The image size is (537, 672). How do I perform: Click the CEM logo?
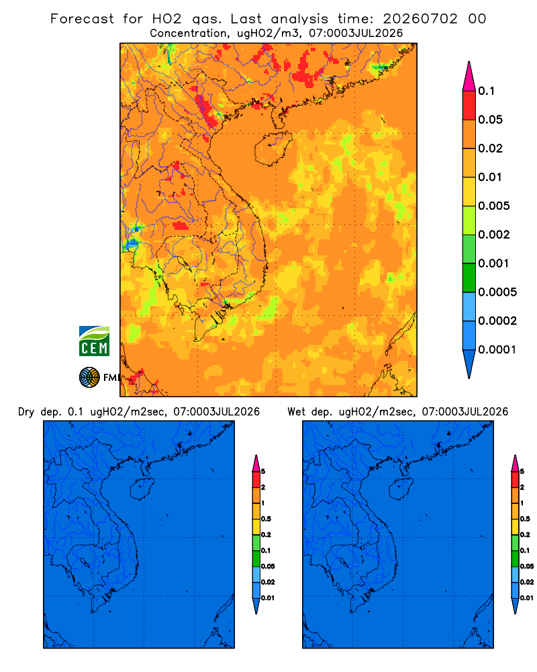(x=94, y=341)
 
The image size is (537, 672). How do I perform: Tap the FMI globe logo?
(x=89, y=377)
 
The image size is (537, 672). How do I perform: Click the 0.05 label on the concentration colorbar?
(x=490, y=120)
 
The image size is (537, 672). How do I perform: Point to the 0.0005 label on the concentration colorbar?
(x=497, y=292)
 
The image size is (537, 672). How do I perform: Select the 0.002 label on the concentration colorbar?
(x=494, y=235)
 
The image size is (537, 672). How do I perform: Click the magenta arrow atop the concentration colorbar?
(x=469, y=76)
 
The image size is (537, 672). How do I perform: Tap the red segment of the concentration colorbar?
(x=469, y=105)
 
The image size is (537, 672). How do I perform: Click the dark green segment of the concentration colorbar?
(x=469, y=278)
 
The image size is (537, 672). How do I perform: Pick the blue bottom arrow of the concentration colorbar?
(x=469, y=364)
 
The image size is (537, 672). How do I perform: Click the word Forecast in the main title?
(x=82, y=19)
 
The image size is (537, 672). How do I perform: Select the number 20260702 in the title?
(x=420, y=19)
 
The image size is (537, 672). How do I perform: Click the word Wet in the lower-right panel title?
(x=296, y=412)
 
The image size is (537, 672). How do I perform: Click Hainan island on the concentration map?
(x=273, y=149)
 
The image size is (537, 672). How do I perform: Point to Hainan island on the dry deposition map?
(x=142, y=489)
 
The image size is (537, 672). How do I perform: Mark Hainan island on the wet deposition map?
(x=401, y=489)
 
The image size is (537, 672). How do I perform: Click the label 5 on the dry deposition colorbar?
(x=263, y=472)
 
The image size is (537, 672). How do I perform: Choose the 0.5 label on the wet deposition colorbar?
(x=525, y=519)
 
